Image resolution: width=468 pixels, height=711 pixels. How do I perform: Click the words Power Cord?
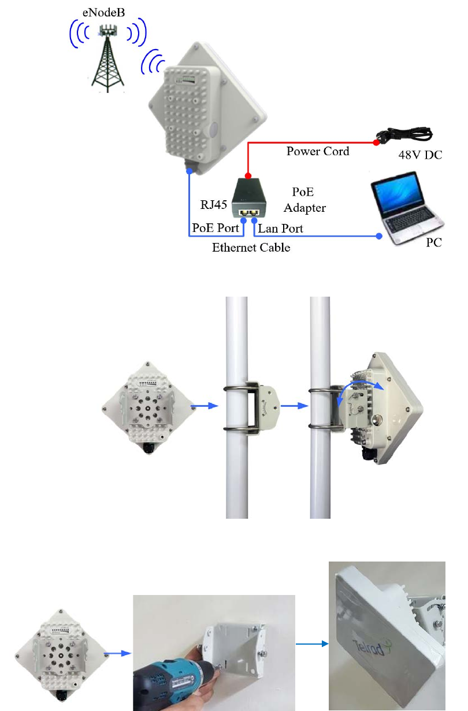point(318,152)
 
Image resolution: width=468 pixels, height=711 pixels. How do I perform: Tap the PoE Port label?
point(215,229)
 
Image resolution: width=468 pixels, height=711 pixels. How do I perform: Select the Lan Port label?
point(280,229)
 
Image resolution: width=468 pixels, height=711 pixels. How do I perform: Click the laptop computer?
point(408,211)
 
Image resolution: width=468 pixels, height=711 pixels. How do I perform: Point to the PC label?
point(434,243)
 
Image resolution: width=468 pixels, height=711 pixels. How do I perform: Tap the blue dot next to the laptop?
point(379,236)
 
